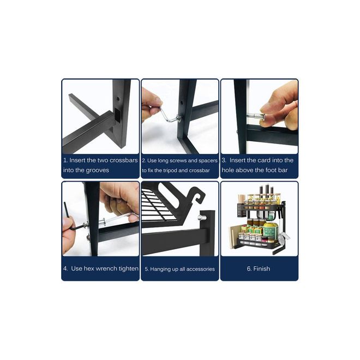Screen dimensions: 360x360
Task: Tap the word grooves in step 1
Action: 98,170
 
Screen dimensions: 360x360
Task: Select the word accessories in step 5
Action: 200,269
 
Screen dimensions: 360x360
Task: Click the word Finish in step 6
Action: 261,268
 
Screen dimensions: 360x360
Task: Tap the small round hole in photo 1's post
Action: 118,99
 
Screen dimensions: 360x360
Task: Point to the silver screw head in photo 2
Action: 178,118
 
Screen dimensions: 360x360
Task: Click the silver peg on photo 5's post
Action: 201,218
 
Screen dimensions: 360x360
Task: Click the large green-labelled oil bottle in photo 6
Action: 271,230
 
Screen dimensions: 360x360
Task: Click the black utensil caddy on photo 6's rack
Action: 241,209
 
